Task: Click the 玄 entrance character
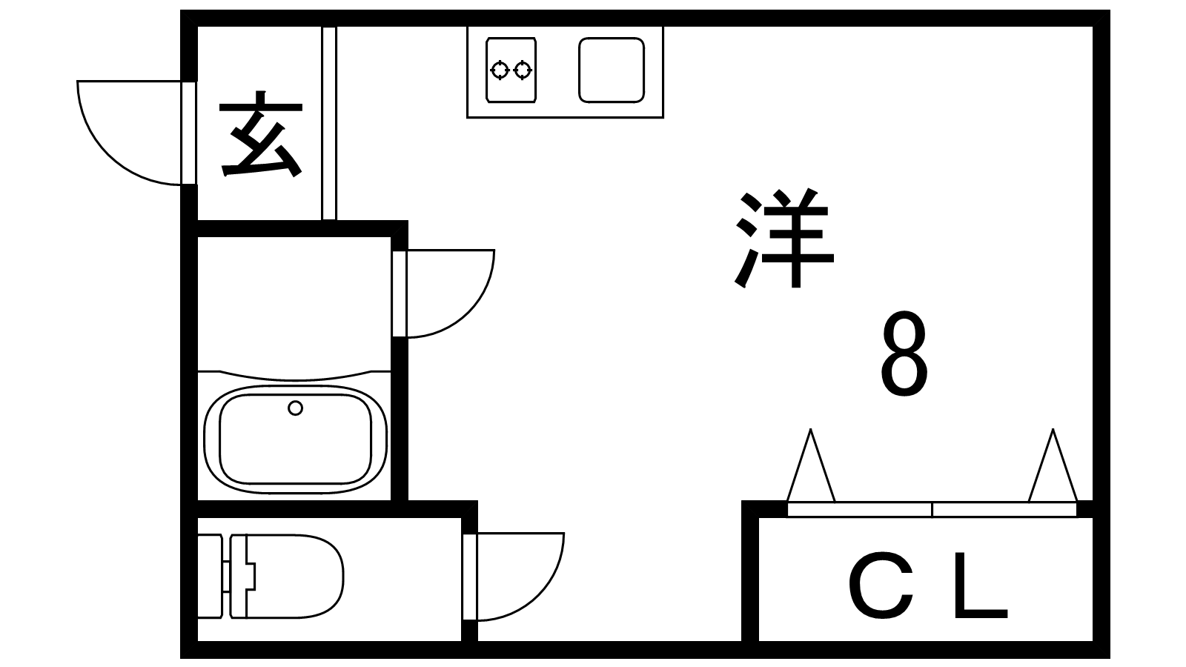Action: point(261,135)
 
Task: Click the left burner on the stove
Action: point(500,70)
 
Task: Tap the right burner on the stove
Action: point(523,70)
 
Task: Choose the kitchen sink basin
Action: point(611,70)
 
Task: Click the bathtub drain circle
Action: point(295,408)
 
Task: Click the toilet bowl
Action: point(296,576)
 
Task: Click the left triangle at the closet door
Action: point(810,471)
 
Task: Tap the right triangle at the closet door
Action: point(1053,471)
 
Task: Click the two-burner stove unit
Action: point(511,70)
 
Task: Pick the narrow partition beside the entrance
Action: point(329,123)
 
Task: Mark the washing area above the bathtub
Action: point(294,304)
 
